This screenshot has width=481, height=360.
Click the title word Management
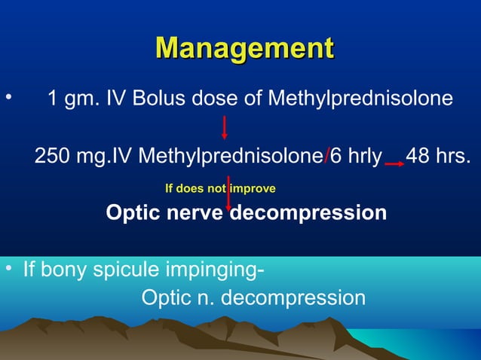point(244,48)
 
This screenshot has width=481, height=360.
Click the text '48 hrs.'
point(438,157)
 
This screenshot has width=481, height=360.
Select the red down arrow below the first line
point(225,127)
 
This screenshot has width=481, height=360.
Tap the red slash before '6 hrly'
point(326,157)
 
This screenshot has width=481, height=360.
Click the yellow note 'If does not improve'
point(219,188)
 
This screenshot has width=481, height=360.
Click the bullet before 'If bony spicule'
point(8,269)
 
